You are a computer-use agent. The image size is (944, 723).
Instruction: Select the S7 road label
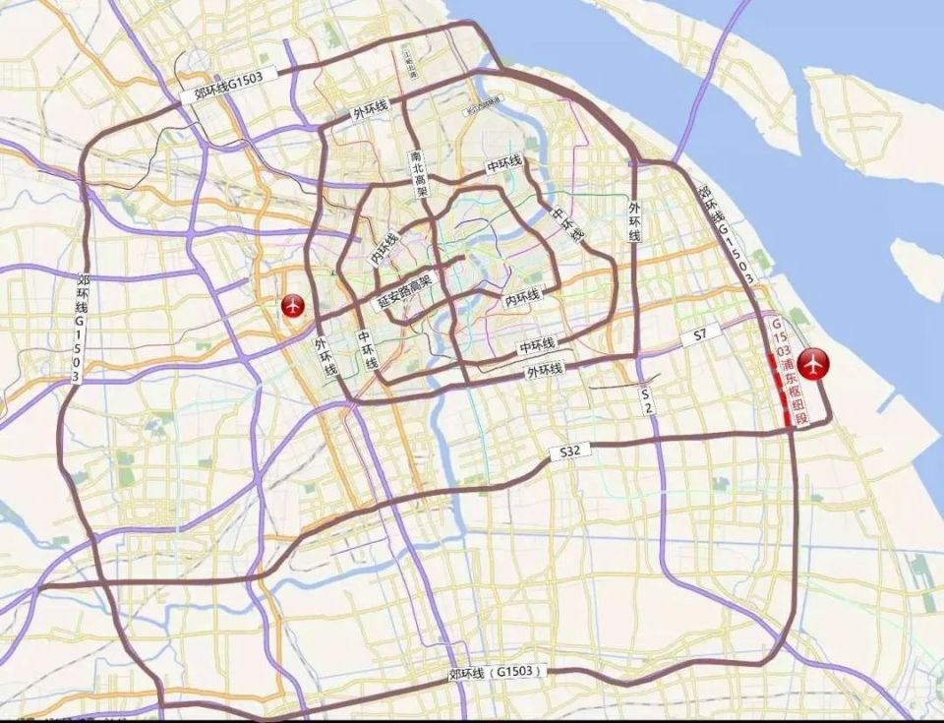pyautogui.click(x=700, y=335)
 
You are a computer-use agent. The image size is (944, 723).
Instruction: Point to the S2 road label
pyautogui.click(x=647, y=400)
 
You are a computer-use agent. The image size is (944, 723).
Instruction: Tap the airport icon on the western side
pyautogui.click(x=292, y=307)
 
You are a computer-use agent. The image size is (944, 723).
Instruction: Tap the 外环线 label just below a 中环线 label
pyautogui.click(x=544, y=371)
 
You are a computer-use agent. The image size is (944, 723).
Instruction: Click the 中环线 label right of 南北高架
pyautogui.click(x=504, y=166)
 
